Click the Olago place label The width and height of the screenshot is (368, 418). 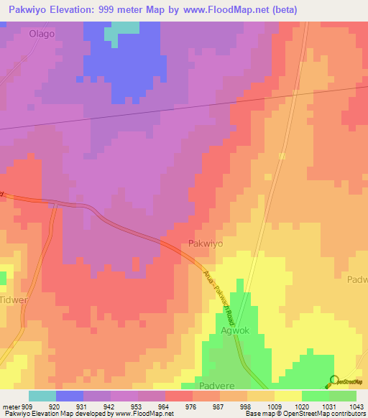[41, 34]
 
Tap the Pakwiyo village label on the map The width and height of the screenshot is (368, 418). [206, 244]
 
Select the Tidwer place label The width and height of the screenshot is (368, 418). [13, 299]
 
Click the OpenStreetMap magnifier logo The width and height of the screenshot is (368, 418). [333, 381]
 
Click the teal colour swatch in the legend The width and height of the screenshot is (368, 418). [42, 396]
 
